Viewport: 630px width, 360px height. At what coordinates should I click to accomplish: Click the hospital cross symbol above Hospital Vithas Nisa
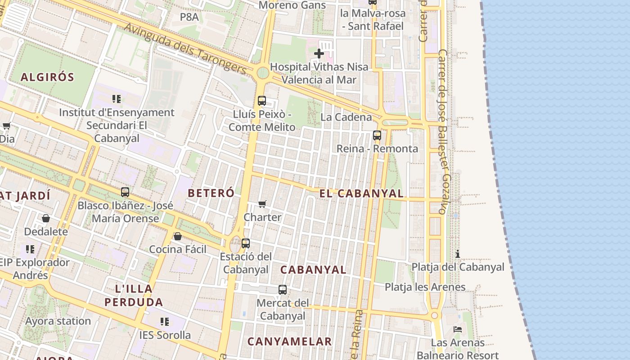(x=319, y=54)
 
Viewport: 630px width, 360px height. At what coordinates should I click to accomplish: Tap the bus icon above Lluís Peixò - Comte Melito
(x=262, y=101)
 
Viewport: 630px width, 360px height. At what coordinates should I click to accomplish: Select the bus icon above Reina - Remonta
(x=377, y=135)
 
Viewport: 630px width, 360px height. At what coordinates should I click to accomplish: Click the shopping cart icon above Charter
(x=262, y=204)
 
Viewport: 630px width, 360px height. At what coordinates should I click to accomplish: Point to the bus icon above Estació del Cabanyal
(x=246, y=243)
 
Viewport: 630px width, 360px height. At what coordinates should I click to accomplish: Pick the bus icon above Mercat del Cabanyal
(x=283, y=290)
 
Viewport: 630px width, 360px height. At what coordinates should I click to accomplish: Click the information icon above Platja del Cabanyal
(x=458, y=254)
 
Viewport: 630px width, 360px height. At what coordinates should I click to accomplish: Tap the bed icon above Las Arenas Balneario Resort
(x=458, y=329)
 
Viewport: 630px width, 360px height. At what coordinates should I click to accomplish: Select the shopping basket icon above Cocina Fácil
(x=178, y=236)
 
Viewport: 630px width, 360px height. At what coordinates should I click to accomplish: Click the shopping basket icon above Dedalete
(x=46, y=219)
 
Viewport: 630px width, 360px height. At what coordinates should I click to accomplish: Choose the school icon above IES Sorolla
(x=165, y=322)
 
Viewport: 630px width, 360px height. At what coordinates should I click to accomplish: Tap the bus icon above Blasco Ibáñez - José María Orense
(x=125, y=192)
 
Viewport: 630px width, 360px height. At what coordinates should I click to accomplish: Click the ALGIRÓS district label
(x=47, y=77)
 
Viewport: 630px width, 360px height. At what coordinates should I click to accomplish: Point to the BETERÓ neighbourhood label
(x=211, y=193)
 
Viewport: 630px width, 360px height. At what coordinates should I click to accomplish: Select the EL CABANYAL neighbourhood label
(x=361, y=193)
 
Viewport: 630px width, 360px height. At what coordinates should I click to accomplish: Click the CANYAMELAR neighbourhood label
(x=290, y=342)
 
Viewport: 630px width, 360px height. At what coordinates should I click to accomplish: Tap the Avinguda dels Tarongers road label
(x=185, y=49)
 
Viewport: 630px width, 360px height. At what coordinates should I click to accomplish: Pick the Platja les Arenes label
(x=425, y=287)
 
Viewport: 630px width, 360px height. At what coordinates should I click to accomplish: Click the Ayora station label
(x=58, y=321)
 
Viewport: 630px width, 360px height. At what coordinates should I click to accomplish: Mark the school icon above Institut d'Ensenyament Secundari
(x=117, y=99)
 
